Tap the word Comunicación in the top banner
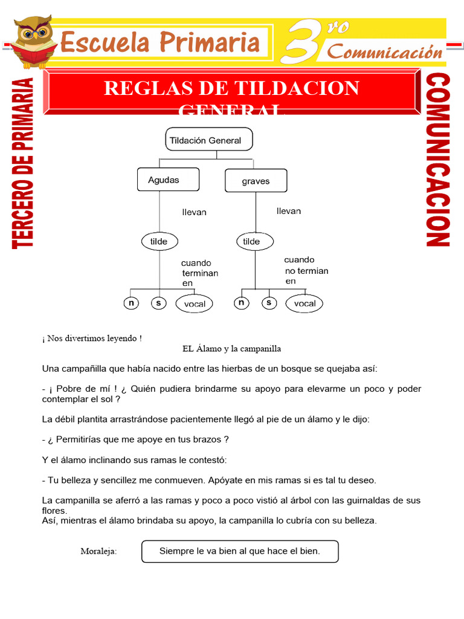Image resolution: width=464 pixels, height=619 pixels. pyautogui.click(x=385, y=51)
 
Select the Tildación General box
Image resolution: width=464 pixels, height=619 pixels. pyautogui.click(x=208, y=140)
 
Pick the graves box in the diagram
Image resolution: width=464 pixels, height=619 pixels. pyautogui.click(x=256, y=181)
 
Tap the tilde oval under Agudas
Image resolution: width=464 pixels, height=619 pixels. pyautogui.click(x=159, y=241)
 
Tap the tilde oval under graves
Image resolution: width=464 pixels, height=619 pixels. pyautogui.click(x=251, y=241)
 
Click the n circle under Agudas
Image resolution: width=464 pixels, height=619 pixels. pyautogui.click(x=130, y=303)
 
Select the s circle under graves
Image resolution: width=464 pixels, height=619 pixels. pyautogui.click(x=269, y=303)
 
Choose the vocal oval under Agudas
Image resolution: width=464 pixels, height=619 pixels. pyautogui.click(x=195, y=304)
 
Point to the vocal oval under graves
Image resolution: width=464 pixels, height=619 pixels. pyautogui.click(x=304, y=303)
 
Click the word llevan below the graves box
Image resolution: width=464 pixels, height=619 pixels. pyautogui.click(x=288, y=211)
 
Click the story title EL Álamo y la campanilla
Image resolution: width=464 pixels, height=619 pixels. pyautogui.click(x=231, y=349)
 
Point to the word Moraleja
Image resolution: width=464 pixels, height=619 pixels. pyautogui.click(x=98, y=551)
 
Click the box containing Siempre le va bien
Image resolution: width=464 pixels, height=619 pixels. pyautogui.click(x=239, y=551)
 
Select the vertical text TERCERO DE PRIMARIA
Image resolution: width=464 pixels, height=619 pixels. pyautogui.click(x=24, y=163)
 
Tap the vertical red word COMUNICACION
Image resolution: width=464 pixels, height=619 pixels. pyautogui.click(x=438, y=160)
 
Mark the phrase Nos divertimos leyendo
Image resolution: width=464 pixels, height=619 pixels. pyautogui.click(x=92, y=339)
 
